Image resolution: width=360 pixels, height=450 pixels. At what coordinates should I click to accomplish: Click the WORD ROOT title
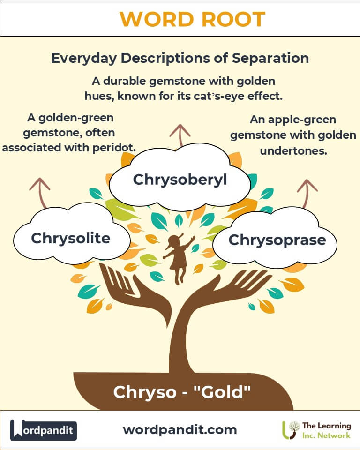click(x=192, y=19)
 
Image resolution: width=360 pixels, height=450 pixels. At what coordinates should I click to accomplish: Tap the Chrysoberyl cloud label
click(x=180, y=180)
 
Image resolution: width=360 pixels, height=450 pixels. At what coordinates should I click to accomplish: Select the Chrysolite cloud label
click(x=71, y=238)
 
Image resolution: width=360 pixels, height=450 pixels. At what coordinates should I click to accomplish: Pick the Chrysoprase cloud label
click(x=277, y=240)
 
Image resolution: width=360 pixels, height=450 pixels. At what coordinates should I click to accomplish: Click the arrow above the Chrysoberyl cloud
click(x=180, y=135)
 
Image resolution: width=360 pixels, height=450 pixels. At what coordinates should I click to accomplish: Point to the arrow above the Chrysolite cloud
click(x=41, y=192)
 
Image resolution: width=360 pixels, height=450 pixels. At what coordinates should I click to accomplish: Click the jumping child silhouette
click(x=178, y=258)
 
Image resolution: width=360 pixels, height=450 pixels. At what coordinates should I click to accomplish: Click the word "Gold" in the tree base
click(x=223, y=392)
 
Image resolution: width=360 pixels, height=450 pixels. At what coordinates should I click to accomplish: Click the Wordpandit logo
click(x=43, y=430)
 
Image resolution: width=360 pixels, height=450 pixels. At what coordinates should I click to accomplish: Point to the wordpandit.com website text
click(x=180, y=430)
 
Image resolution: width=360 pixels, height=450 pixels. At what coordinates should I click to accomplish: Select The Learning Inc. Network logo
click(x=316, y=430)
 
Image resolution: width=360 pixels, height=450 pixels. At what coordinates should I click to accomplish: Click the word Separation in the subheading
click(x=270, y=58)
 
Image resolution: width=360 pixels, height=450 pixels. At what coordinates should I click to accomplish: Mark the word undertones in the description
click(x=293, y=150)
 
